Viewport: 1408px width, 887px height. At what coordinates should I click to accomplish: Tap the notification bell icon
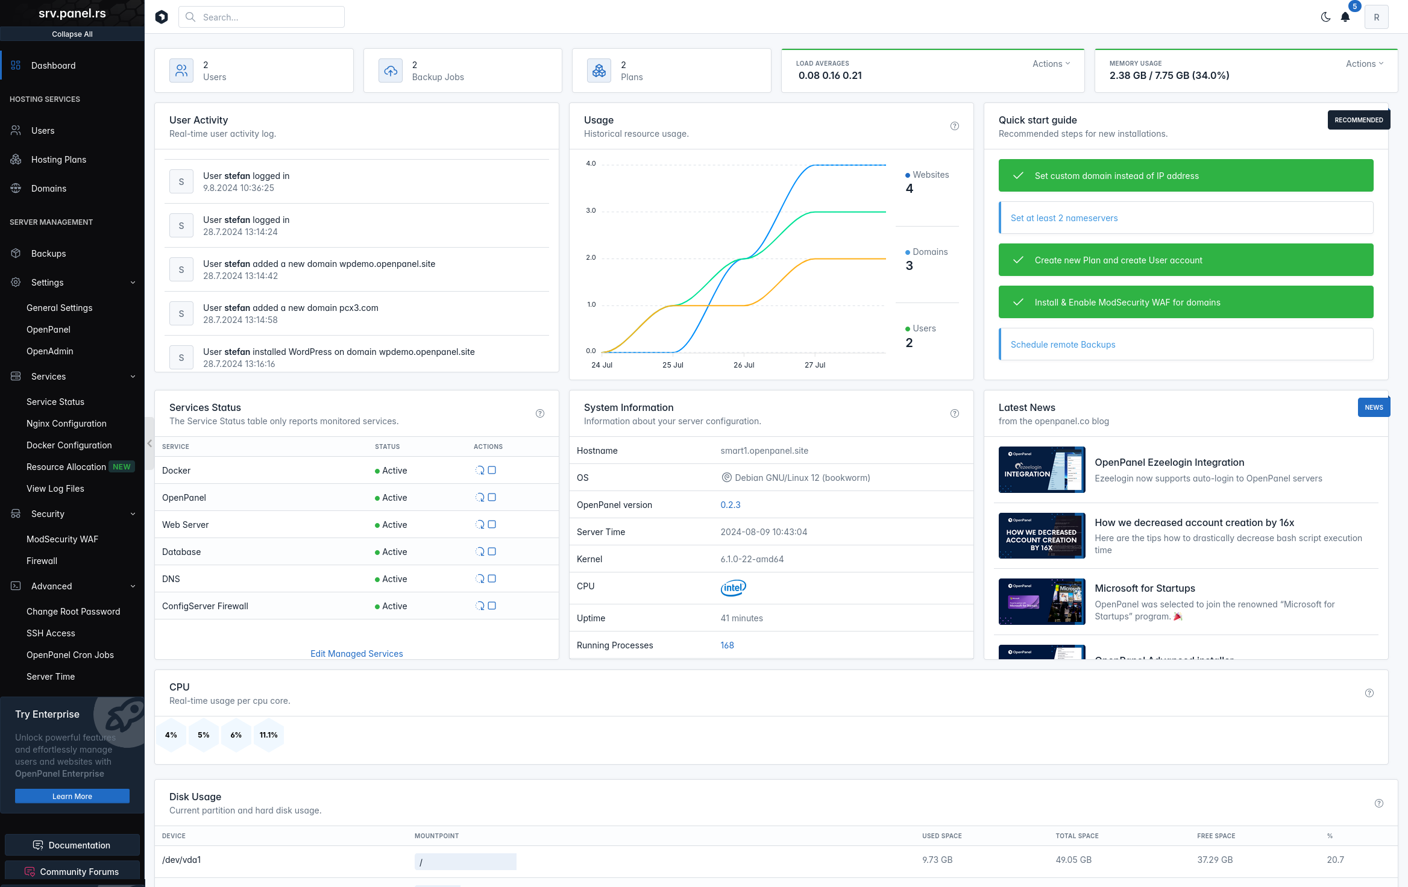click(1345, 17)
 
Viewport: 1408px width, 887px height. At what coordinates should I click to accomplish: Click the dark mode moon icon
click(1325, 17)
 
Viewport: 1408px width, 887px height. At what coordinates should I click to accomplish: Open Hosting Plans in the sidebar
click(58, 160)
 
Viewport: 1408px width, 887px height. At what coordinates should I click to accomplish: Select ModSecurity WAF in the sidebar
click(62, 539)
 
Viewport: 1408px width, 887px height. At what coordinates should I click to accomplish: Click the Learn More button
click(72, 796)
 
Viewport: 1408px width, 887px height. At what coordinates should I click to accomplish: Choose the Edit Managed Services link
click(356, 654)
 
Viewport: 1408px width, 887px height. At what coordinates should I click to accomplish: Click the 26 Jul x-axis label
click(744, 365)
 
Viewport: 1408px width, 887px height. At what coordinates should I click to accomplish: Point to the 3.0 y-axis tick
click(591, 211)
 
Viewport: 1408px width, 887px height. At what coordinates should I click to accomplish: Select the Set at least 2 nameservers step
click(1064, 218)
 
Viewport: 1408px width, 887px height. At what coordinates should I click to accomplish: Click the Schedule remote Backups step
click(1063, 345)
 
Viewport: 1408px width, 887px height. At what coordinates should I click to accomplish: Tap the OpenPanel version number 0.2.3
click(731, 505)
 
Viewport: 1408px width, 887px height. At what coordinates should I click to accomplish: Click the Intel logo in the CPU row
click(733, 588)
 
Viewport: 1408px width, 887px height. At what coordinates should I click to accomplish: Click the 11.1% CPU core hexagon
click(269, 735)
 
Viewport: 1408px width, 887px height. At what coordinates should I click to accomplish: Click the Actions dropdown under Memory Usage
click(1364, 64)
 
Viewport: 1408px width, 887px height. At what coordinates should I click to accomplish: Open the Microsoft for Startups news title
click(1145, 588)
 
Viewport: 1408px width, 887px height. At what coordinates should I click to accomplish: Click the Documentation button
click(72, 845)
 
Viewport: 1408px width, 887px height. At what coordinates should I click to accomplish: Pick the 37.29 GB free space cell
click(1215, 860)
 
